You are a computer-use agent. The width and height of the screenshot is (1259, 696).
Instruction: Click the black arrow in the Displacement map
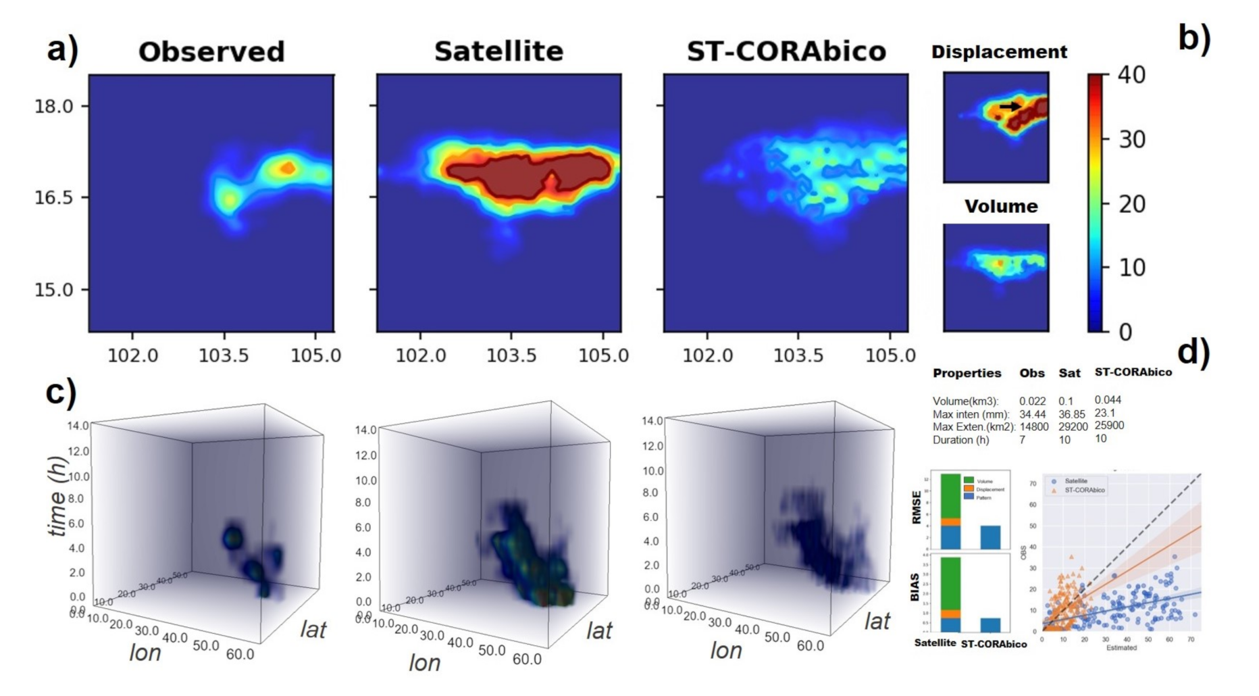pyautogui.click(x=1010, y=106)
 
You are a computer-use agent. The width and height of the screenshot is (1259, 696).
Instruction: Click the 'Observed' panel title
pyautogui.click(x=211, y=52)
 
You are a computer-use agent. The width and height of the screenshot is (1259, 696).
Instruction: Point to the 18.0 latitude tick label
pyautogui.click(x=53, y=106)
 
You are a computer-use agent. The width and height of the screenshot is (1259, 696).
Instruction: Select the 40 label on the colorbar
pyautogui.click(x=1131, y=74)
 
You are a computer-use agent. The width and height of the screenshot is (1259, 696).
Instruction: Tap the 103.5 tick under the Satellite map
pyautogui.click(x=511, y=355)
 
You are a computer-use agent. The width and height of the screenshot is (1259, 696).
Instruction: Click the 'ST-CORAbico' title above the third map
pyautogui.click(x=786, y=51)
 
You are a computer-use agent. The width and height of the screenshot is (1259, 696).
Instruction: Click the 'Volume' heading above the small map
pyautogui.click(x=1000, y=206)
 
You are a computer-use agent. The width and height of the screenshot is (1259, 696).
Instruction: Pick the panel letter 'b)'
pyautogui.click(x=1194, y=39)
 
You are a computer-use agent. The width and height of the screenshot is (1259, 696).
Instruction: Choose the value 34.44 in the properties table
pyautogui.click(x=1032, y=414)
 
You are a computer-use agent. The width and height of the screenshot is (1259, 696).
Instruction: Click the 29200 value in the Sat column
pyautogui.click(x=1073, y=427)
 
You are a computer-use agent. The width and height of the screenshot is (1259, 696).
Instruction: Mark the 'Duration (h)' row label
pyautogui.click(x=960, y=440)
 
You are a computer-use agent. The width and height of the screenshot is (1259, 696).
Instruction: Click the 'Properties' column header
pyautogui.click(x=967, y=373)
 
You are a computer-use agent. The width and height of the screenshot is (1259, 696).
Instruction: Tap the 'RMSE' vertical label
pyautogui.click(x=917, y=507)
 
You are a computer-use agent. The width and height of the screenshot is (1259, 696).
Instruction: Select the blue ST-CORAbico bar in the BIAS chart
pyautogui.click(x=990, y=624)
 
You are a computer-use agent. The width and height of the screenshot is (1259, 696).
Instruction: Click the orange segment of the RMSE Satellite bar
pyautogui.click(x=950, y=522)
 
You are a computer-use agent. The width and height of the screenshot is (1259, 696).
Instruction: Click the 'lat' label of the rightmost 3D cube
pyautogui.click(x=877, y=621)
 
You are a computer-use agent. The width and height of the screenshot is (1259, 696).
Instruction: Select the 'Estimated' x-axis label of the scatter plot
pyautogui.click(x=1121, y=648)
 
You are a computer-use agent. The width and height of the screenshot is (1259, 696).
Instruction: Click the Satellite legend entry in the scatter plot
pyautogui.click(x=1075, y=481)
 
